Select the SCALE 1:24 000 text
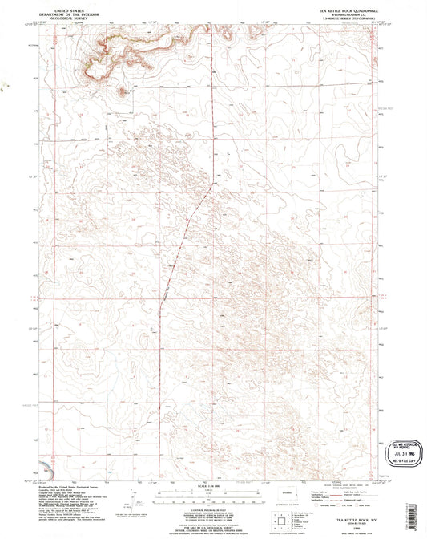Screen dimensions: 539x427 click(x=207, y=485)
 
